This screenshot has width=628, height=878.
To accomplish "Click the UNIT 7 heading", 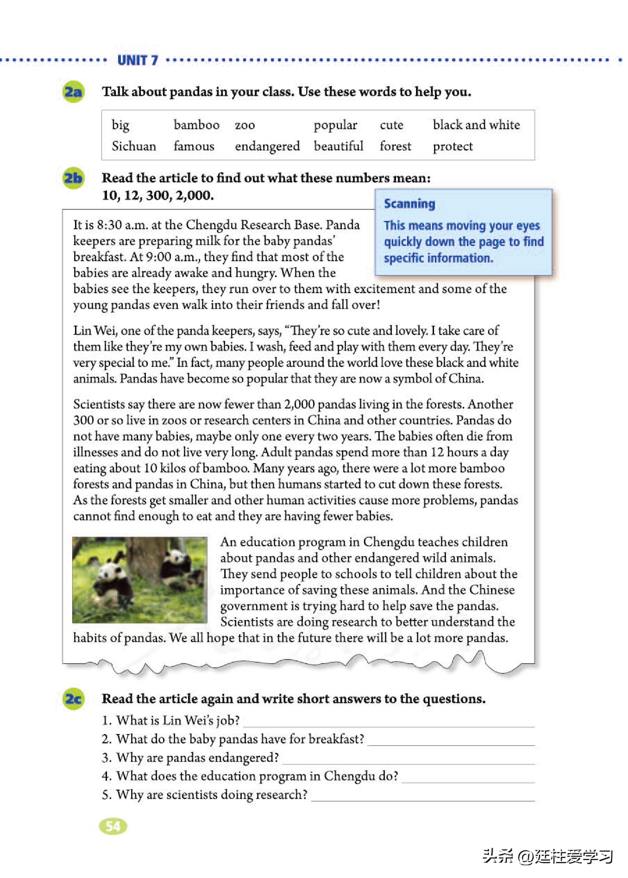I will point(137,60).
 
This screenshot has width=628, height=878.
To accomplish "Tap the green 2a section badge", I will point(73,92).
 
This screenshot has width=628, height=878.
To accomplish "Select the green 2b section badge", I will point(73,178).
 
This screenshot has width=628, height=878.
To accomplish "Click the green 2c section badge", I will point(73,699).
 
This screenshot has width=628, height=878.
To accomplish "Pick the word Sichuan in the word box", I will point(134,146).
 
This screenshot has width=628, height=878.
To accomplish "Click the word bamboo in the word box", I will point(196,125).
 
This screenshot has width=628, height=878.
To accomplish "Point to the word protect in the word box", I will point(452,146).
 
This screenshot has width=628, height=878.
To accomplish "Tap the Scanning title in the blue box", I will point(409,204).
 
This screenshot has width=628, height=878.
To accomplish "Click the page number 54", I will point(113,826).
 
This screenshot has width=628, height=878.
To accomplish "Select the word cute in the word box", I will point(391,125).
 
